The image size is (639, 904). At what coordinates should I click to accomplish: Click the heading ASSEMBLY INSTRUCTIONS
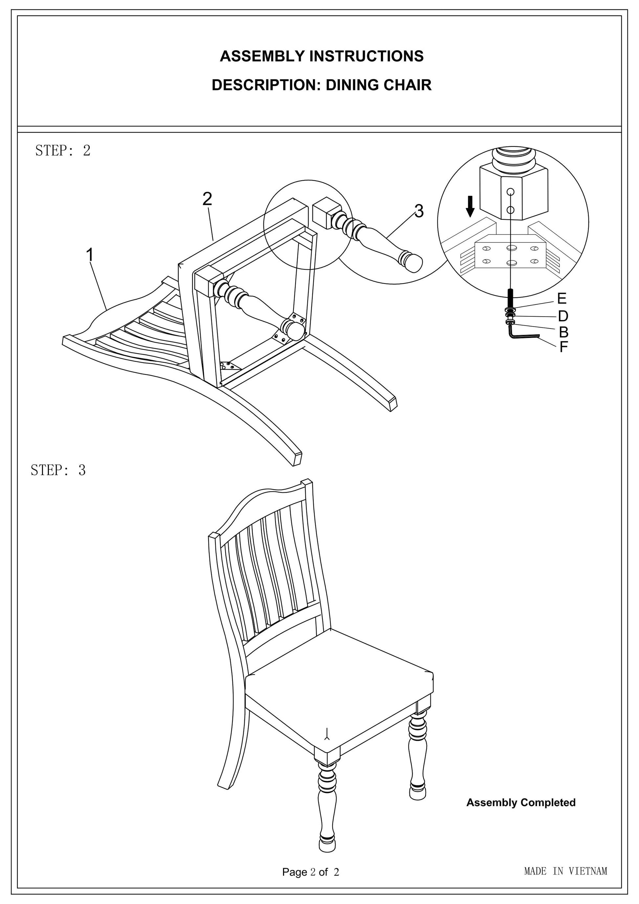(321, 56)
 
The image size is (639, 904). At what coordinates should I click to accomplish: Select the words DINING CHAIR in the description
(379, 85)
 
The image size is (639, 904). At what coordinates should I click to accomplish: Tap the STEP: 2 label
(63, 150)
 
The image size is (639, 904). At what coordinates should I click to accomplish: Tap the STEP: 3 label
(58, 470)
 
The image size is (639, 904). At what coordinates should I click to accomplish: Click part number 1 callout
(90, 255)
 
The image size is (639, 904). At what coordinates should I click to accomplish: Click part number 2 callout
(207, 199)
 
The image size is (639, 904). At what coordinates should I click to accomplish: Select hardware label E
(562, 299)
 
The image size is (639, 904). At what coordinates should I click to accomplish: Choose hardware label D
(563, 316)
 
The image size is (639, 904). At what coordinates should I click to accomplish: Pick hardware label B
(563, 332)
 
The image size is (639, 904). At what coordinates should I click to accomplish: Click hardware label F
(563, 347)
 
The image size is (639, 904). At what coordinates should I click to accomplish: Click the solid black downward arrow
(470, 207)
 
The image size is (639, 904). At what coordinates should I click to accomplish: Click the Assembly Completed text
(520, 802)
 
